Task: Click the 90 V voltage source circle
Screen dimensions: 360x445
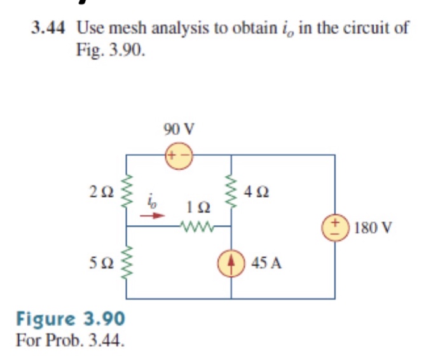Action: (179, 155)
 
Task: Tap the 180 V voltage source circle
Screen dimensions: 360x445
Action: (334, 226)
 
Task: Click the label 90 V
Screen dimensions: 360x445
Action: (179, 128)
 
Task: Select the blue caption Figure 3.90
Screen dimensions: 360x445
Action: (71, 317)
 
